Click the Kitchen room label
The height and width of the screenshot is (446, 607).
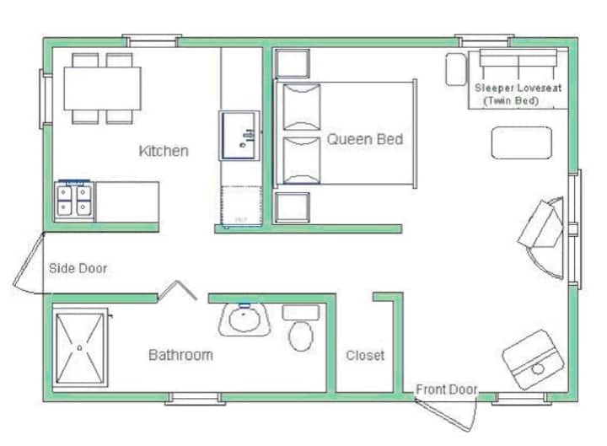click(x=164, y=151)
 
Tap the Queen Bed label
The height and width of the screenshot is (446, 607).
click(x=365, y=139)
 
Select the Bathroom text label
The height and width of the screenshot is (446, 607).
click(x=180, y=355)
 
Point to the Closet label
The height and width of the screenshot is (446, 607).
click(x=365, y=356)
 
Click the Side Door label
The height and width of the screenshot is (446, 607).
click(x=78, y=268)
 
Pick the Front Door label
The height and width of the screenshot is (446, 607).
click(x=446, y=390)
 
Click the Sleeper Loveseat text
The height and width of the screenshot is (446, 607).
click(x=518, y=88)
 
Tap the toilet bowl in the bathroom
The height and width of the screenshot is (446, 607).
click(x=301, y=336)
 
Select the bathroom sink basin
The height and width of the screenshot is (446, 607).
click(x=244, y=320)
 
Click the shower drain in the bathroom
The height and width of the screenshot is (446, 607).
click(x=80, y=347)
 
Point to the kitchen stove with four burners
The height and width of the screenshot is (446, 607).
click(x=74, y=202)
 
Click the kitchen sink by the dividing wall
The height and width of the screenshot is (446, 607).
click(x=239, y=136)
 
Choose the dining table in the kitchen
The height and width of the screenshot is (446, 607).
click(x=102, y=89)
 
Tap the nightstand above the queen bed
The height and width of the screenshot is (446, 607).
click(x=292, y=63)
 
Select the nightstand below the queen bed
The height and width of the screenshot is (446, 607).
click(x=292, y=207)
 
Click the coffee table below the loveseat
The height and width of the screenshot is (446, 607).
click(x=522, y=142)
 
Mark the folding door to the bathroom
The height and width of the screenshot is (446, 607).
click(x=177, y=290)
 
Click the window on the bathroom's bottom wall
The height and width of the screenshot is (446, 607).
click(x=195, y=399)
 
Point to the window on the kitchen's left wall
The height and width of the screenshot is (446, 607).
click(x=46, y=99)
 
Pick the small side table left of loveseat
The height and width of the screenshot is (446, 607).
click(x=455, y=69)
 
